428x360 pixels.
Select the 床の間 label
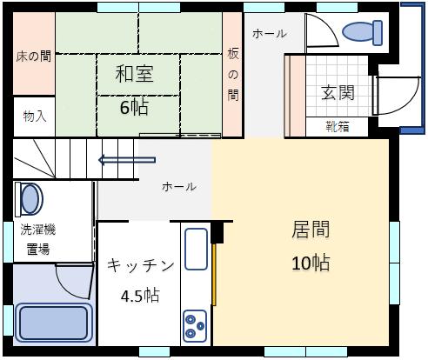[33, 57]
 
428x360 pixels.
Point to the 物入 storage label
[34, 116]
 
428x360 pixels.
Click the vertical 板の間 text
[232, 75]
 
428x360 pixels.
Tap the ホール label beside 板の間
[268, 34]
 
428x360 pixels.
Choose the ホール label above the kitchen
[179, 187]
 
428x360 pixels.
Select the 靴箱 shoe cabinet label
[337, 127]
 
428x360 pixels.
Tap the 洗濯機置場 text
[38, 238]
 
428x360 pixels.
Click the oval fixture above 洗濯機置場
[30, 199]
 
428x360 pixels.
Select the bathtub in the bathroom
[53, 322]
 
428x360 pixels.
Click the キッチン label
[140, 265]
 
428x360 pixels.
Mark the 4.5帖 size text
[139, 295]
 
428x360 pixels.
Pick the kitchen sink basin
[196, 249]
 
